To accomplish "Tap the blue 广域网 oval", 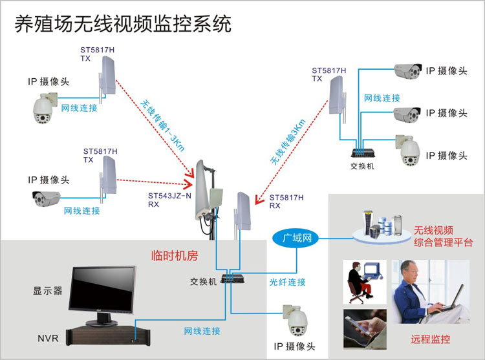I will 297,238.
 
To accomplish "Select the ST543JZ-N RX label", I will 169,198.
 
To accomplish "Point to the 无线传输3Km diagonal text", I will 284,142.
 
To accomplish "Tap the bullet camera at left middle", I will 49,198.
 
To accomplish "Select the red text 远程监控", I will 430,339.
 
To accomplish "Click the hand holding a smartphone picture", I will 365,329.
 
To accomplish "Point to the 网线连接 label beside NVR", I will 202,331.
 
